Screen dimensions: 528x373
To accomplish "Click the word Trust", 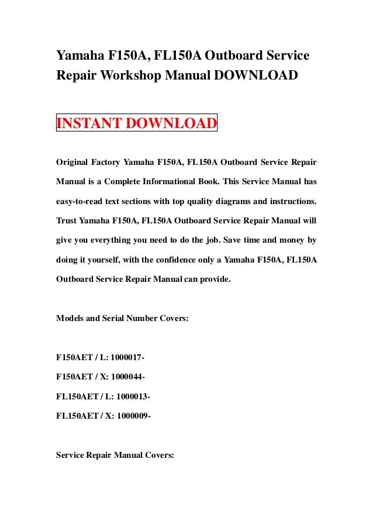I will pyautogui.click(x=67, y=222).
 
